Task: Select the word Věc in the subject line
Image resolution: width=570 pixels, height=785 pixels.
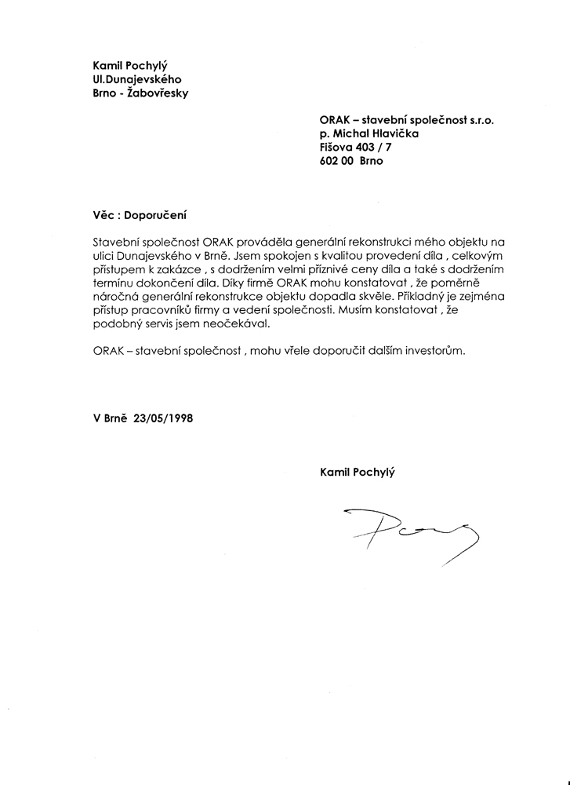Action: pyautogui.click(x=105, y=213)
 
